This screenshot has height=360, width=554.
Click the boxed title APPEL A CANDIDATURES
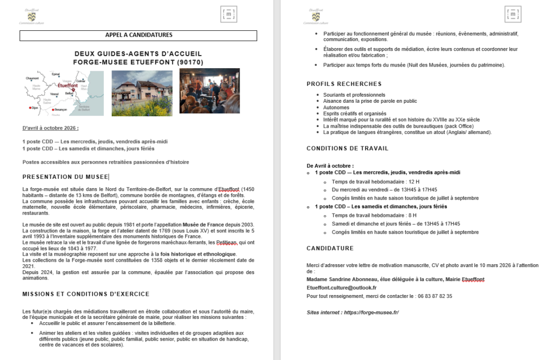(138, 36)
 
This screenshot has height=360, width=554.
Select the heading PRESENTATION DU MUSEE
(65, 177)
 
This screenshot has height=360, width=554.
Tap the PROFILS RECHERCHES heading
(344, 84)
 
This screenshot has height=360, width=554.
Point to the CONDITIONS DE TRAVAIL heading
(347, 148)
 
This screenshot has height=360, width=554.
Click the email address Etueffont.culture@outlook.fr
(341, 288)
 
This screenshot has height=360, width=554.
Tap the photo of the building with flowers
(142, 93)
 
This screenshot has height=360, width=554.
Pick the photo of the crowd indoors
(209, 91)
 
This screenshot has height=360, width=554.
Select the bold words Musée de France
(198, 224)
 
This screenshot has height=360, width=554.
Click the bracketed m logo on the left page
(229, 15)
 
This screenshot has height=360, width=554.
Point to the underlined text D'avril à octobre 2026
(50, 128)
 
